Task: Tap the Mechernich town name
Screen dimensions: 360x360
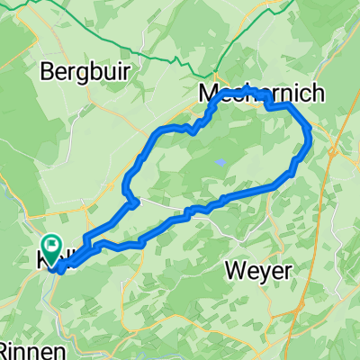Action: (254, 93)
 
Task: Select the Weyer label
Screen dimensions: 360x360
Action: (257, 270)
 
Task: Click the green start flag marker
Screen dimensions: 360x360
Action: (50, 244)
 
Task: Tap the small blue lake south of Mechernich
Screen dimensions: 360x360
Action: (219, 163)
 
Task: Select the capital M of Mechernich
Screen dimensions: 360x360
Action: (207, 93)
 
